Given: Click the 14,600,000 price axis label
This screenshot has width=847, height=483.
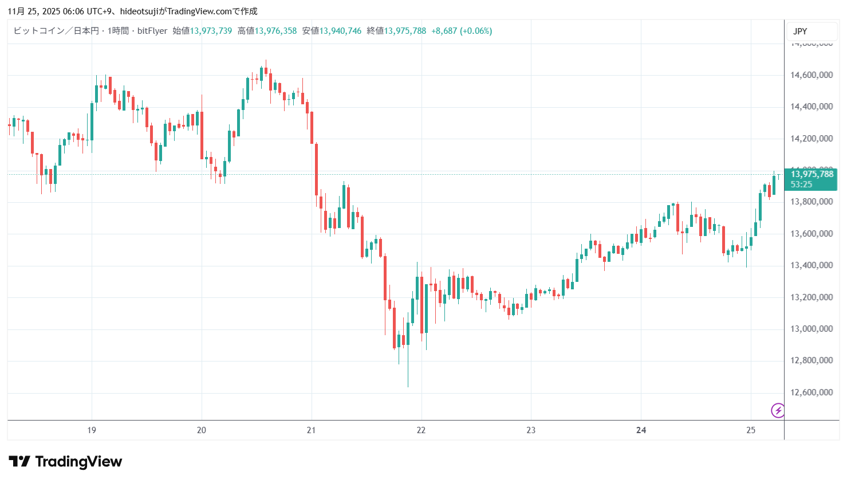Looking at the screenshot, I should [x=811, y=75].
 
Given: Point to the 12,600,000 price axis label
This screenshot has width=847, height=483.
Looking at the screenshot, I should [x=811, y=392].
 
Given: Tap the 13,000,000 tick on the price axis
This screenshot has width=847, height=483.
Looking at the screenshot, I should [x=811, y=329].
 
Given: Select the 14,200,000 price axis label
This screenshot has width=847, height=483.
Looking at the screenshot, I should [x=811, y=139].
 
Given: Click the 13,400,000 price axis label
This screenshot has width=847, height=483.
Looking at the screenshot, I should [x=811, y=265].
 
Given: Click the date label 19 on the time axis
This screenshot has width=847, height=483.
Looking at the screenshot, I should [x=92, y=430].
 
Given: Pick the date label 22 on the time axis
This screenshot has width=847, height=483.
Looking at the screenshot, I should [x=421, y=430].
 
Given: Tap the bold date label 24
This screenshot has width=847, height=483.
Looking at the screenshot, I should [x=641, y=430].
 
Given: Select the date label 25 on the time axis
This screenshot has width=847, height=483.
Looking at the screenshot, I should [x=751, y=430].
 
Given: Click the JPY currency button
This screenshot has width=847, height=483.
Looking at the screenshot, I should [x=800, y=32].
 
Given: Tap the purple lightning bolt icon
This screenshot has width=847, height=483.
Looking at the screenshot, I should [x=778, y=410].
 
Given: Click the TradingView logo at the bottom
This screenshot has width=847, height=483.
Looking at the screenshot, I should [x=65, y=462].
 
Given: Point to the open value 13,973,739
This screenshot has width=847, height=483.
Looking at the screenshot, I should [x=211, y=31].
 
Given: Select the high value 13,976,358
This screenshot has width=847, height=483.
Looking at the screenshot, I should [x=275, y=31].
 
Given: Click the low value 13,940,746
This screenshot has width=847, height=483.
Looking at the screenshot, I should [x=340, y=31].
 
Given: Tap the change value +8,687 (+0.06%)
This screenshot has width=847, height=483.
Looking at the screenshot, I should [x=462, y=31].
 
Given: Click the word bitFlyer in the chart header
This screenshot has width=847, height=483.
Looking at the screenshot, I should [x=152, y=31].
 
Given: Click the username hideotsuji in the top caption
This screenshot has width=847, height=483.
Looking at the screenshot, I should [x=138, y=11].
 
